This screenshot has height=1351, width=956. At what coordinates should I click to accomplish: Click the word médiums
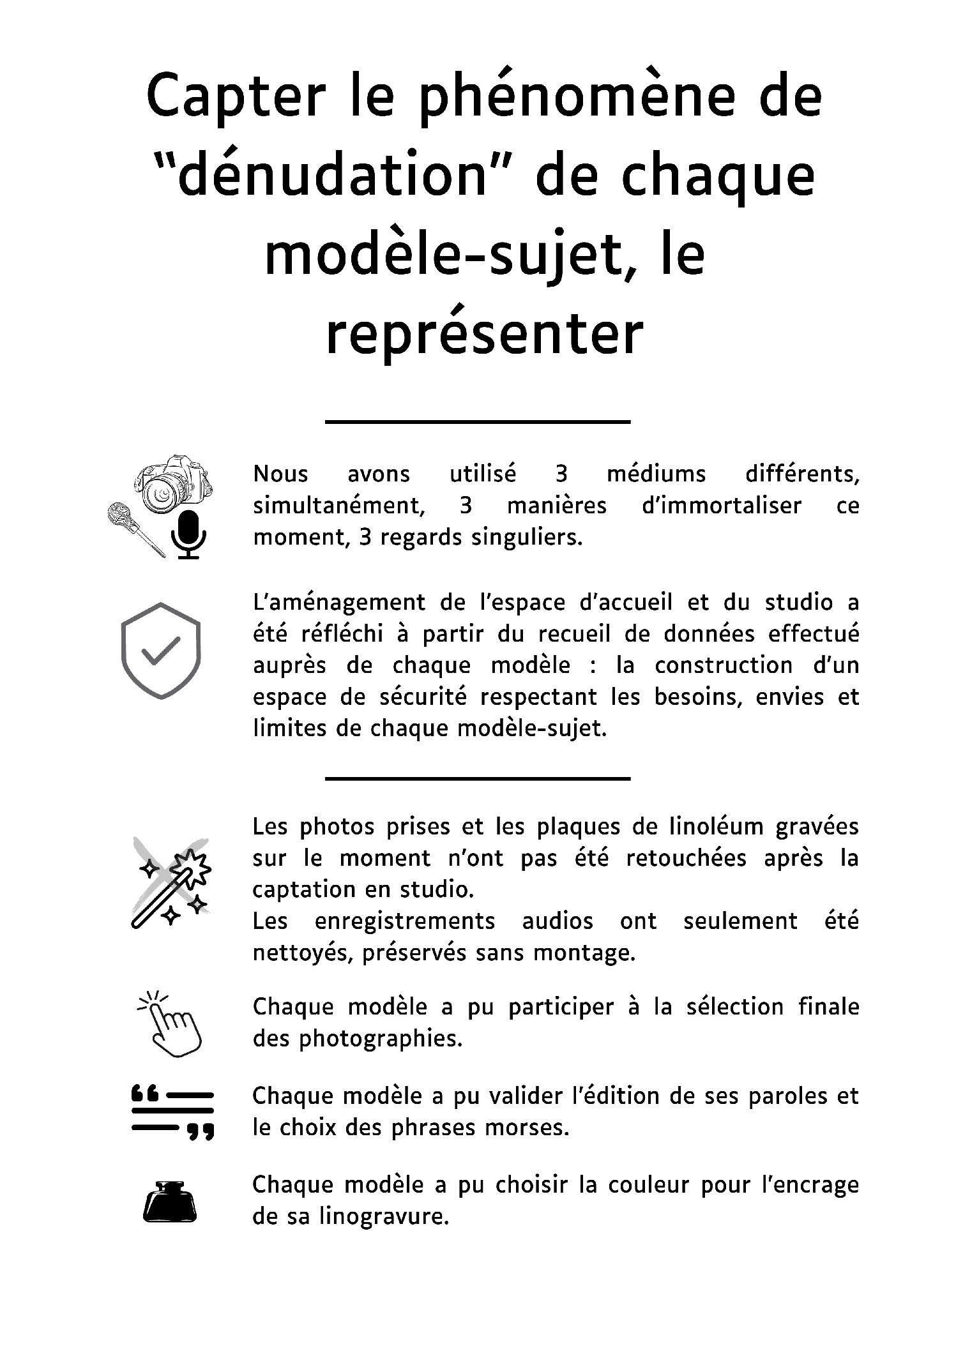click(656, 474)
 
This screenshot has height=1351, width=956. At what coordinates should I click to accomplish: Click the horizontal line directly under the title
click(478, 421)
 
